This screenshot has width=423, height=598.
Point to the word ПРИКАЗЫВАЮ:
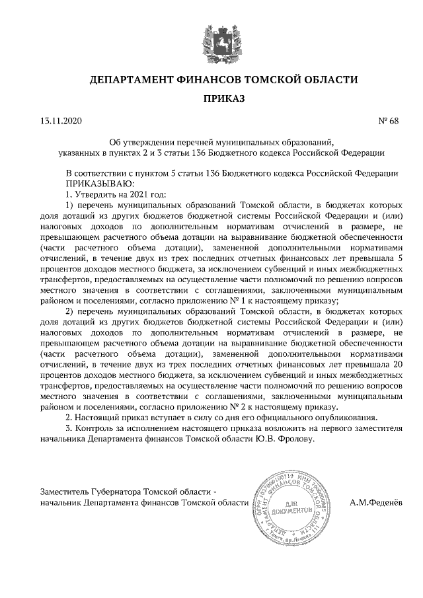tap(98, 183)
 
